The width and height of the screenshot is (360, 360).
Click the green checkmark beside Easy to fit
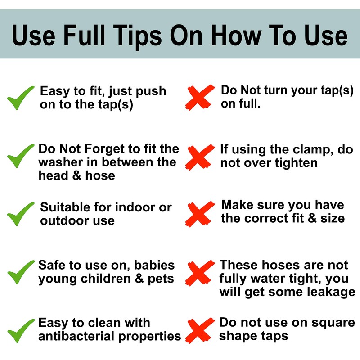pyautogui.click(x=21, y=98)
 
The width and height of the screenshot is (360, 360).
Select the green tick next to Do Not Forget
pyautogui.click(x=21, y=156)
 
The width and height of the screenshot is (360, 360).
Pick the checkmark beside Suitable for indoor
pyautogui.click(x=21, y=214)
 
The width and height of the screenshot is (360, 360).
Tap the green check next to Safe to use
pyautogui.click(x=21, y=272)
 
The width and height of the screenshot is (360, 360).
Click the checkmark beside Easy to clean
pyautogui.click(x=21, y=331)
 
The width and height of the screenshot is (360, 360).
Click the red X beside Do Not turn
pyautogui.click(x=200, y=97)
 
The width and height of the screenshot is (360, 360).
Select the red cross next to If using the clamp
pyautogui.click(x=200, y=157)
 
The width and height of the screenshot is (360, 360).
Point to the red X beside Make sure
pyautogui.click(x=200, y=214)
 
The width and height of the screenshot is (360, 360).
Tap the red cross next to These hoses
pyautogui.click(x=200, y=273)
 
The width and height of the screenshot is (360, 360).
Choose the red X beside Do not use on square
pyautogui.click(x=200, y=330)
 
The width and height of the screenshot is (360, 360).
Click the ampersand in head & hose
pyautogui.click(x=77, y=175)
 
